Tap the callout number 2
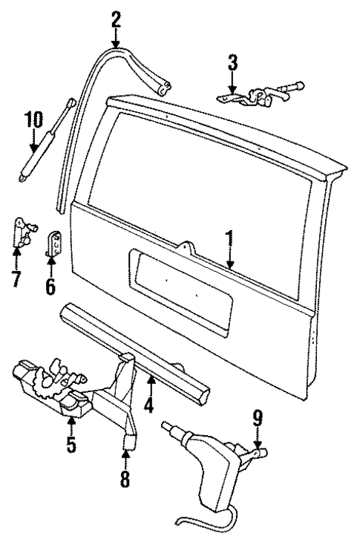point(116,17)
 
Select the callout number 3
point(233,63)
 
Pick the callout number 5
point(71,445)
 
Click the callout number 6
point(50,285)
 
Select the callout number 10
point(32,120)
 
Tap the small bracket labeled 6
point(53,246)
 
